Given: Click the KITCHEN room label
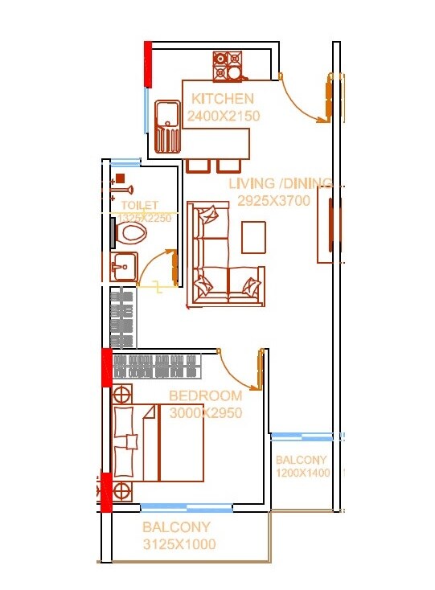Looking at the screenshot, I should pyautogui.click(x=223, y=99).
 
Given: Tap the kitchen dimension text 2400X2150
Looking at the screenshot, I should pyautogui.click(x=223, y=116).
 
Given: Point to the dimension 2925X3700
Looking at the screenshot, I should pyautogui.click(x=273, y=201).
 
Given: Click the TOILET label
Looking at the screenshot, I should pyautogui.click(x=140, y=206).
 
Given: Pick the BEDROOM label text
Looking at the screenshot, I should pyautogui.click(x=205, y=395).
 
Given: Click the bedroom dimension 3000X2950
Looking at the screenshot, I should pyautogui.click(x=206, y=412).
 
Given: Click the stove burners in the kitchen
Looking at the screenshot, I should pyautogui.click(x=228, y=67).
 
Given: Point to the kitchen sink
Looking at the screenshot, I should pyautogui.click(x=167, y=126).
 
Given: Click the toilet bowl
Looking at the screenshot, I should pyautogui.click(x=132, y=233).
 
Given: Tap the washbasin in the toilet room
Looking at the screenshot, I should pyautogui.click(x=124, y=265).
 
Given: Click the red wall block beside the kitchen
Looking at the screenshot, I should pyautogui.click(x=147, y=64).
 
